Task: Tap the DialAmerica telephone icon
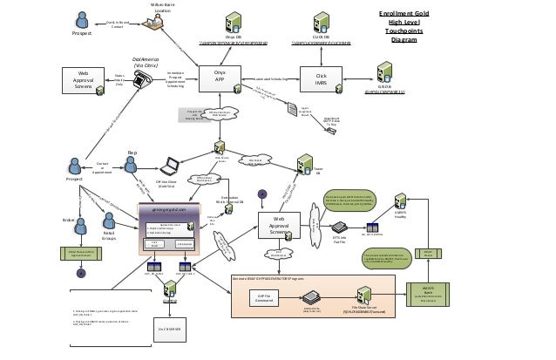139,78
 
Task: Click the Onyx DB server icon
234,22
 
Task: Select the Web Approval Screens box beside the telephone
84,79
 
